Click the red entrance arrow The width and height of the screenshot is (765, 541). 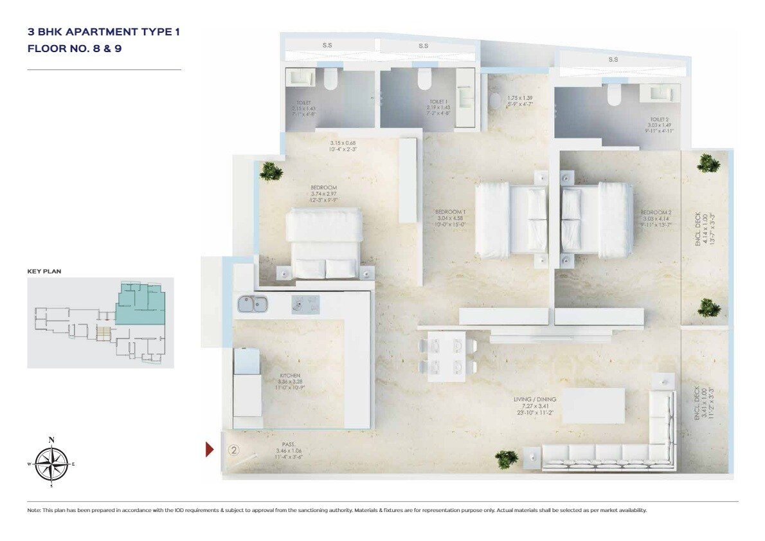pyautogui.click(x=210, y=450)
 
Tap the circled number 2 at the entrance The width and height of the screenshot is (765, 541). pyautogui.click(x=233, y=450)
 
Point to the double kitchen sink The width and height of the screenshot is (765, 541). pyautogui.click(x=253, y=304)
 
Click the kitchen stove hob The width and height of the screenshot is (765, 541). pyautogui.click(x=305, y=304)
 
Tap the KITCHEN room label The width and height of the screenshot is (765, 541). pyautogui.click(x=290, y=376)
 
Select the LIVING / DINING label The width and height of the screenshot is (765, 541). pyautogui.click(x=535, y=399)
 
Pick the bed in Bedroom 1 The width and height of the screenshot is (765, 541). pyautogui.click(x=511, y=218)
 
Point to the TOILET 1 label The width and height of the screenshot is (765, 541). pyautogui.click(x=438, y=101)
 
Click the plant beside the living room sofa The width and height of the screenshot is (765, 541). pyautogui.click(x=507, y=459)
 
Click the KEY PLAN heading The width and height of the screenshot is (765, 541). pyautogui.click(x=44, y=271)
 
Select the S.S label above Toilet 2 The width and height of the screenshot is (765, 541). pyautogui.click(x=613, y=59)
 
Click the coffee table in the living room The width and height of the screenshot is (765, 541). pyautogui.click(x=593, y=406)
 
